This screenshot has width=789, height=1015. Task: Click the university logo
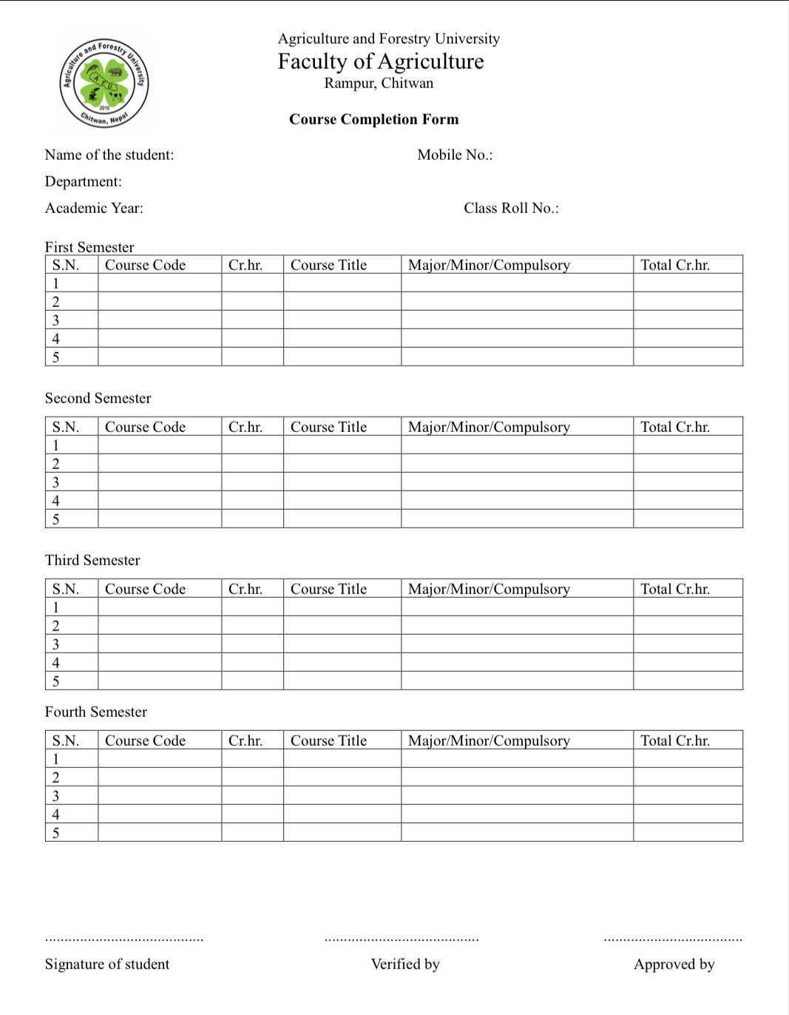(x=104, y=83)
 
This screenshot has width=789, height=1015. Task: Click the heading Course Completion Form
(x=373, y=119)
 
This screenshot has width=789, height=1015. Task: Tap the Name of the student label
(x=109, y=155)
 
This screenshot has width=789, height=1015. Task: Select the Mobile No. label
(x=455, y=155)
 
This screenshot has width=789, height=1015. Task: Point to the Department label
(x=84, y=181)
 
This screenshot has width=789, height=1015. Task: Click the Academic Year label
(x=94, y=208)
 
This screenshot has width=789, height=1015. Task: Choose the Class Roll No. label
(x=511, y=208)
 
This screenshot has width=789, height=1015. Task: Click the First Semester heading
(x=89, y=247)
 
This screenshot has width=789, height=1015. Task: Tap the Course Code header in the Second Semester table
(x=145, y=427)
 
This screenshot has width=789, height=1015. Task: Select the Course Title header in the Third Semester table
(x=328, y=589)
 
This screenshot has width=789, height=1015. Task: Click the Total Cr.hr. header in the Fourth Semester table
(x=674, y=741)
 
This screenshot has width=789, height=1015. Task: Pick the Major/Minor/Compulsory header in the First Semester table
(x=489, y=265)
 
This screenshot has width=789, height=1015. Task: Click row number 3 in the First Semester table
(x=55, y=320)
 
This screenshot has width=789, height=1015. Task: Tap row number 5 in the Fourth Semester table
(x=55, y=833)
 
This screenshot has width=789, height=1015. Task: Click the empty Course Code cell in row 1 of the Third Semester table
(x=160, y=607)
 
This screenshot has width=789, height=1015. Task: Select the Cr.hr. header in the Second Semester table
(x=245, y=427)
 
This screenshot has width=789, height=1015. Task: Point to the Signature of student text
(x=107, y=964)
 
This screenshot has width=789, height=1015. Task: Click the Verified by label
(x=405, y=964)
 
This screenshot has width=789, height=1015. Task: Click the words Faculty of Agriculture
(x=381, y=61)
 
